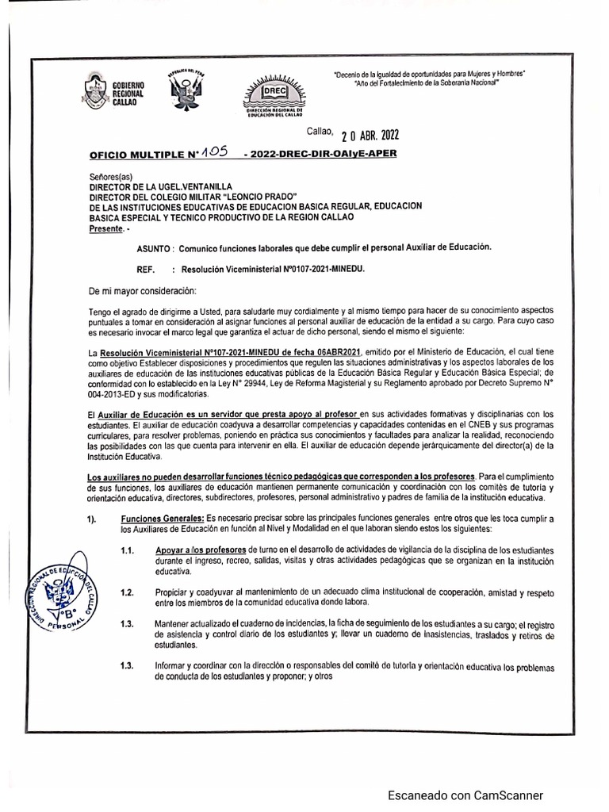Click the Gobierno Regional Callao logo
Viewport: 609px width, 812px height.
pos(111,91)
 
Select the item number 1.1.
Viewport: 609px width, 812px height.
pos(127,550)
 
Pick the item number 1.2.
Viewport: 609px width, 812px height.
pos(127,592)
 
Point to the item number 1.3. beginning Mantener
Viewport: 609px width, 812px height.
pos(127,625)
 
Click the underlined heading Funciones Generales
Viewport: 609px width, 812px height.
pos(162,518)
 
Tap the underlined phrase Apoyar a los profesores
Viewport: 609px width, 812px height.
pos(201,550)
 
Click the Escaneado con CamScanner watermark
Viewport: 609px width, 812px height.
pos(465,795)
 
